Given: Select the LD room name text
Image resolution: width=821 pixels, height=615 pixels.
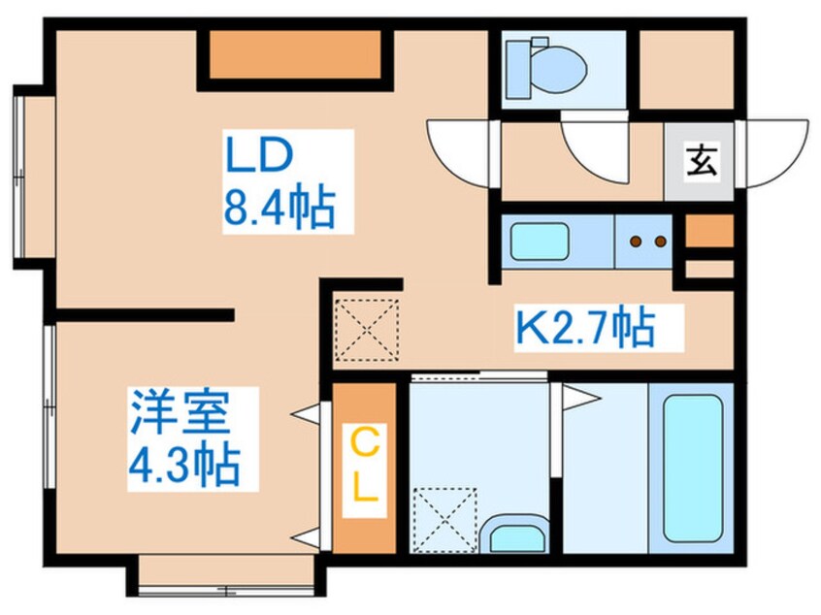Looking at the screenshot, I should click(x=259, y=155).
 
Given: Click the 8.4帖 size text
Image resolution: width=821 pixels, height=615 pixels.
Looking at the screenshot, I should click(x=279, y=208).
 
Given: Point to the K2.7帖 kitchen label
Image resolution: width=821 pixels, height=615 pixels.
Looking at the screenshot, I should click(x=584, y=330).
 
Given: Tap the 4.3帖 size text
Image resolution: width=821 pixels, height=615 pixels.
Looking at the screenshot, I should click(x=183, y=466).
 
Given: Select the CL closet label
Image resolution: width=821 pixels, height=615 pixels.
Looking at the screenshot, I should click(x=364, y=469).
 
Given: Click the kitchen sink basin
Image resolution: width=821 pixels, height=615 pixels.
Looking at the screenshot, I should click(x=540, y=241).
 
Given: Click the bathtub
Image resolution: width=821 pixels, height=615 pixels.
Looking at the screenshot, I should click(x=693, y=469).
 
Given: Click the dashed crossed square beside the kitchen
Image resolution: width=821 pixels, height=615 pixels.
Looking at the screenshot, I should click(x=366, y=330).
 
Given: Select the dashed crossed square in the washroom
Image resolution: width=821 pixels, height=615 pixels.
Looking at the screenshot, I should click(x=444, y=519).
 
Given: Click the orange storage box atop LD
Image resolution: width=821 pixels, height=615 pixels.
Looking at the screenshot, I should click(x=296, y=55).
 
